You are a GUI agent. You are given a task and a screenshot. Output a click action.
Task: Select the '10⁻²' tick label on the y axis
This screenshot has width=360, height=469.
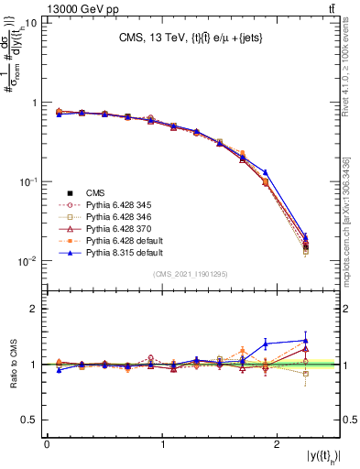(x=27, y=261)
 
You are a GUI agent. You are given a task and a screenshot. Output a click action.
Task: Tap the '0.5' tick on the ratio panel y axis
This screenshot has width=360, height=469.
(x=29, y=420)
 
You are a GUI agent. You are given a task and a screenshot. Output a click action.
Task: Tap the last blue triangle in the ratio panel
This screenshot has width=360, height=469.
(x=306, y=341)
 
